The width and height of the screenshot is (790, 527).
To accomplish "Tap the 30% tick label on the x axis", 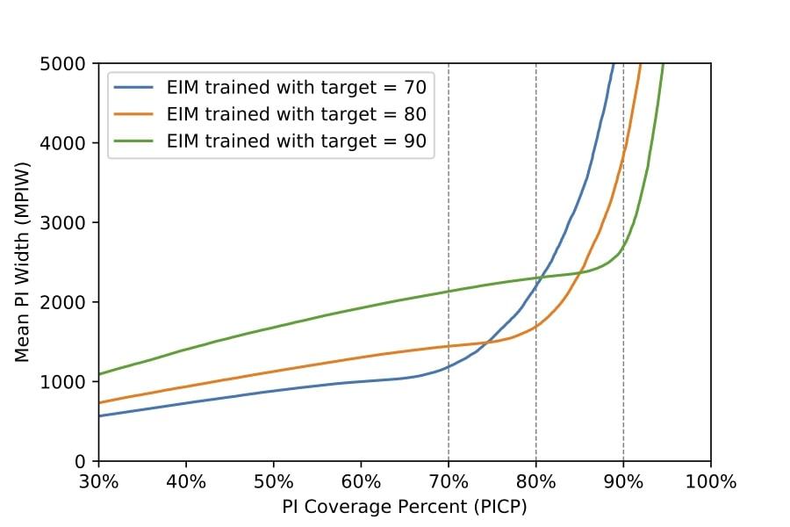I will (98, 481).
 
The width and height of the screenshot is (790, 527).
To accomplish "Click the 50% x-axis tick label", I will (273, 481).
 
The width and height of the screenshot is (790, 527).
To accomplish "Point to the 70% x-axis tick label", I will (449, 481).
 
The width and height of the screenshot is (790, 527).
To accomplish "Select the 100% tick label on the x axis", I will (710, 481).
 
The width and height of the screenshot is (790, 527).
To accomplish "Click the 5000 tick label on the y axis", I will (67, 63).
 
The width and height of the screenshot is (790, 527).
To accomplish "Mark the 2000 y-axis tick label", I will (67, 302).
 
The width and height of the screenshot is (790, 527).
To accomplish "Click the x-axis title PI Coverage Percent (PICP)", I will (405, 507).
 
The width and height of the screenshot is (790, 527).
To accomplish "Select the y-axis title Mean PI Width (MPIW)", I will (23, 262).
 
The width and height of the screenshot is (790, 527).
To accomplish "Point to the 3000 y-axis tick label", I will (67, 222).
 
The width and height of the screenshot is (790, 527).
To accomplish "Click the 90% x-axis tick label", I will (623, 481).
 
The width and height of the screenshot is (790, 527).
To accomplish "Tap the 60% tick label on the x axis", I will (361, 481).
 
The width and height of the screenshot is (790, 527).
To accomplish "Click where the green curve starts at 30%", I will (99, 374).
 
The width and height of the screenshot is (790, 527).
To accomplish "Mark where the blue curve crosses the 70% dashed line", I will (449, 367).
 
